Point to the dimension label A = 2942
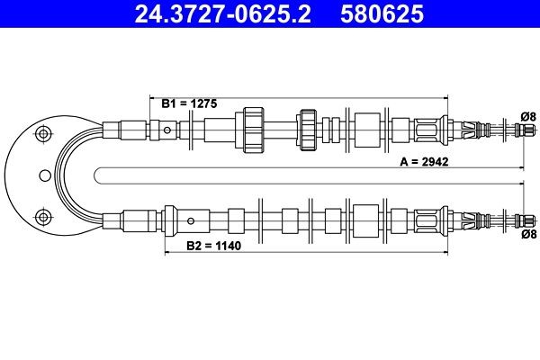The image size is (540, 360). click(424, 162)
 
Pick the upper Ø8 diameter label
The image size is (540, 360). click(528, 114)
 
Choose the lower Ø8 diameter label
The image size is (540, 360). click(528, 234)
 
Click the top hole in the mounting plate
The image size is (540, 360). click(40, 134)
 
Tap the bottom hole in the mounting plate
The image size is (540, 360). click(40, 215)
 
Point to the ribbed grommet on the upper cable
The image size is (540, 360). click(309, 129)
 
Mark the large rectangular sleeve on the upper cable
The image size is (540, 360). click(366, 129)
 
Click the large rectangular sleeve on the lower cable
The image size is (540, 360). click(366, 219)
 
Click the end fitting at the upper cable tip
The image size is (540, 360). click(519, 130)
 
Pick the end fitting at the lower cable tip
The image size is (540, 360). click(519, 219)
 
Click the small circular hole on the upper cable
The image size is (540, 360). click(168, 130)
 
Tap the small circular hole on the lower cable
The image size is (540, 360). click(190, 219)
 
